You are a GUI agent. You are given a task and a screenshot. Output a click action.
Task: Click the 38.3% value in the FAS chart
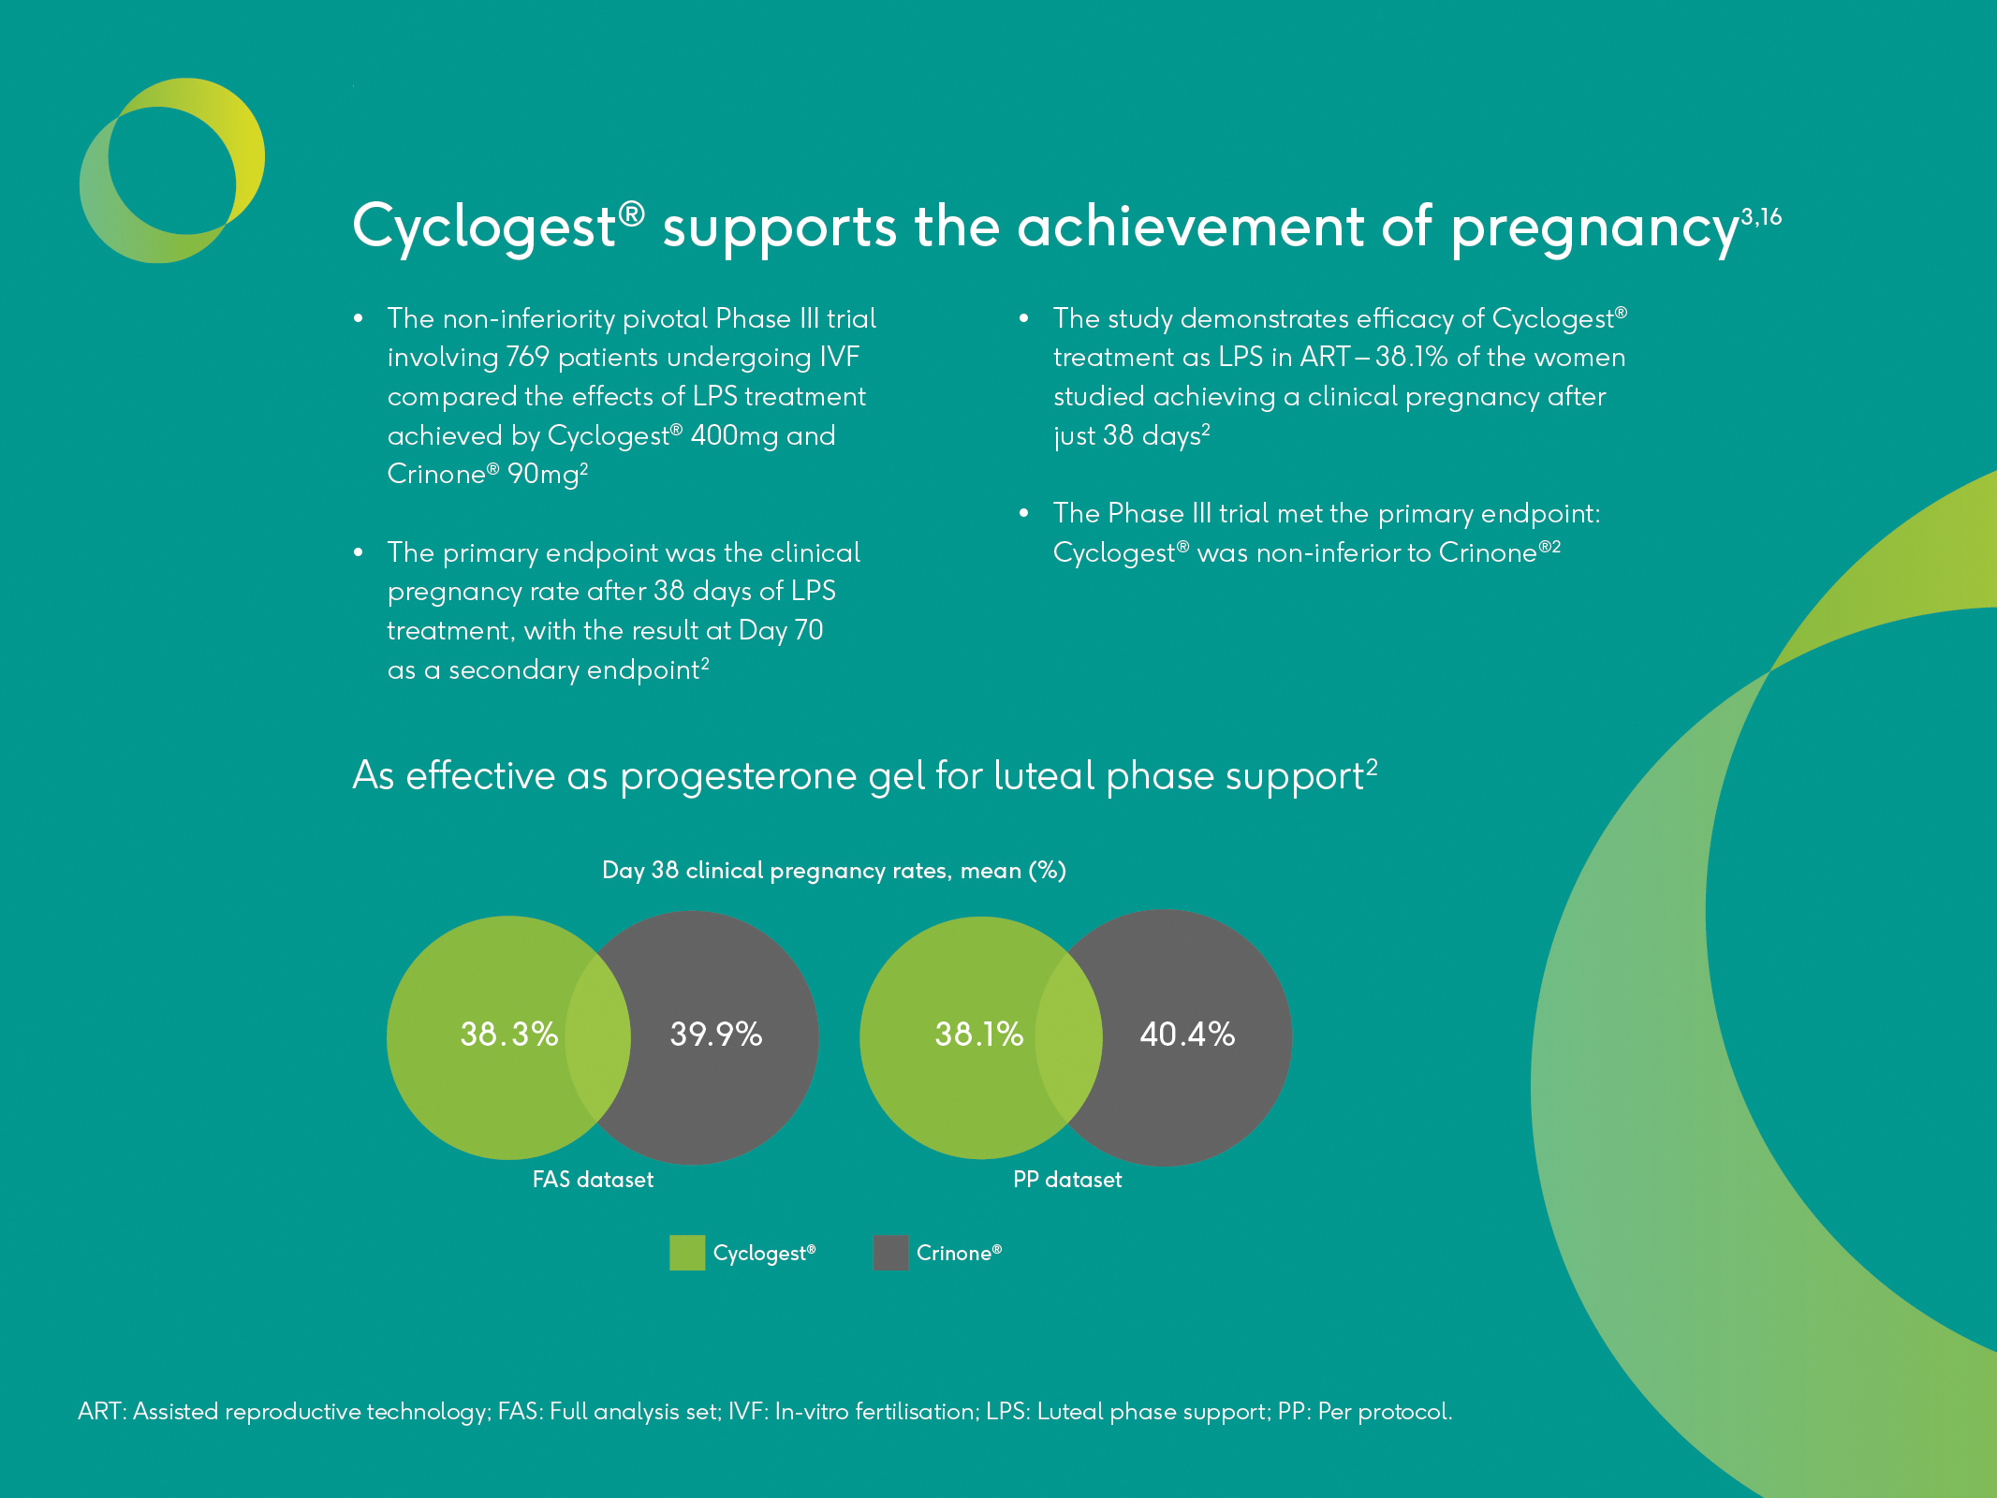pos(508,1034)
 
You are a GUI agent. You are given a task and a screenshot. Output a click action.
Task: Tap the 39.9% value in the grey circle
pos(715,1034)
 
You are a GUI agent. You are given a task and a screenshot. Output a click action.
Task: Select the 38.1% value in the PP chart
pos(978,1034)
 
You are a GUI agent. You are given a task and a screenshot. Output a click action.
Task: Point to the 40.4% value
pos(1186,1034)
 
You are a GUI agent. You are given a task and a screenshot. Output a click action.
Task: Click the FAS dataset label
pos(593,1180)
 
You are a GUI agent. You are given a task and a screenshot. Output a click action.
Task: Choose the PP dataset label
pos(1067,1180)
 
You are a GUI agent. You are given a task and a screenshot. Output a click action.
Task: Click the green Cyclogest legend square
pos(686,1253)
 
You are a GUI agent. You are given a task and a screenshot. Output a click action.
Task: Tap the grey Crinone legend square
pos(890,1253)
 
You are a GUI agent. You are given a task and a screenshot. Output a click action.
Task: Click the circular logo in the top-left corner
pos(172,170)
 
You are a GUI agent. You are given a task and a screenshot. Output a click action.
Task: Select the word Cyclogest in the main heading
pos(484,228)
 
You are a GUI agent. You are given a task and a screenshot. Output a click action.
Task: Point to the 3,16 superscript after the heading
pos(1761,217)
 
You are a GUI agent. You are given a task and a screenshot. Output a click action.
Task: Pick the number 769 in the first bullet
pos(527,358)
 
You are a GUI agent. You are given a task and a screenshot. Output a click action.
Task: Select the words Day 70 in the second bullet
pos(781,630)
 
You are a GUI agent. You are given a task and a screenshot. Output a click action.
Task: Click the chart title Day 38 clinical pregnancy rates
pos(833,871)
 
